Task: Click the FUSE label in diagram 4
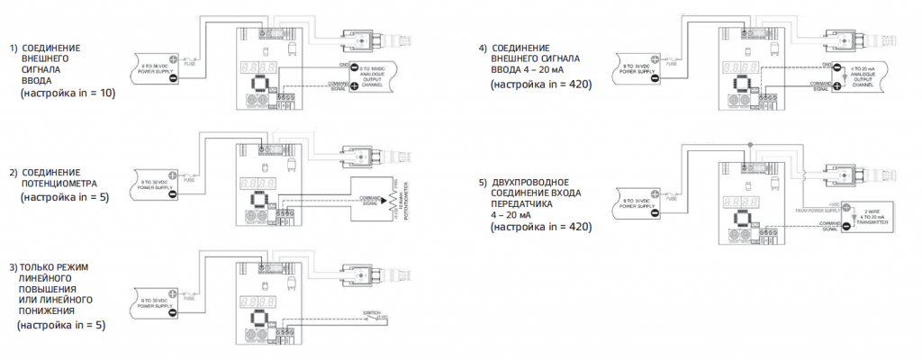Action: tap(672, 64)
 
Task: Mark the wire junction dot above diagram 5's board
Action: tap(748, 144)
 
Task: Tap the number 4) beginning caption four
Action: tap(484, 47)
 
